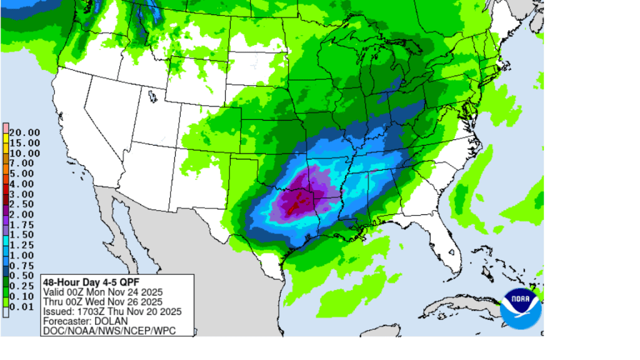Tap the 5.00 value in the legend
tap(23, 173)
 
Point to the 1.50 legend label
tap(23, 234)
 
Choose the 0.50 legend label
tap(23, 274)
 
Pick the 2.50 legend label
tap(23, 204)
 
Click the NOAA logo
tap(520, 307)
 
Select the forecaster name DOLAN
tap(104, 321)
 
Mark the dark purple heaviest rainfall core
tap(299, 201)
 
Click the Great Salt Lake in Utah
tap(152, 96)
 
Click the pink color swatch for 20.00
tap(6, 127)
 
